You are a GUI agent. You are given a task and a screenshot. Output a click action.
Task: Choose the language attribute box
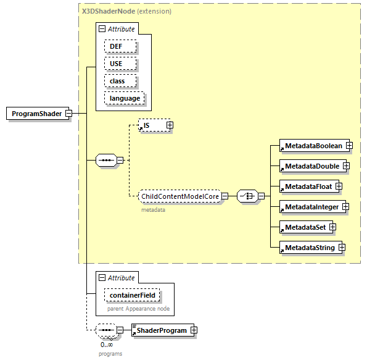click(x=125, y=98)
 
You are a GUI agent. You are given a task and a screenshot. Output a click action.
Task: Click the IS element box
click(x=151, y=125)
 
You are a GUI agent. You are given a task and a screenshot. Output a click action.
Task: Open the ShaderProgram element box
click(x=162, y=330)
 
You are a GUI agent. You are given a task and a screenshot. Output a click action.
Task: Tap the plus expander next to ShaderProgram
click(x=194, y=330)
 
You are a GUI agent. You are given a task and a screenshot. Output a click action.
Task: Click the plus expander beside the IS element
click(x=170, y=125)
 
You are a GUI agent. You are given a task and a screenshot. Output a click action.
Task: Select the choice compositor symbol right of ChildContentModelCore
click(x=247, y=196)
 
